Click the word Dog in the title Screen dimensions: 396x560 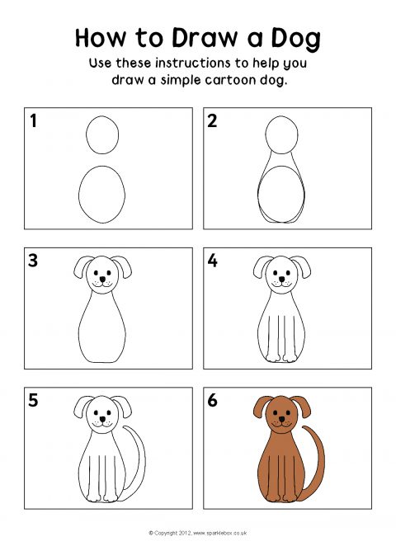295,39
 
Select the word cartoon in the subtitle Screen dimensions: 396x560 230,80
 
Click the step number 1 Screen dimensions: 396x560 33,120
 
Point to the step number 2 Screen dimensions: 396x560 212,120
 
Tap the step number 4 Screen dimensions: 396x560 212,261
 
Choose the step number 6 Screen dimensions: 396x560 212,400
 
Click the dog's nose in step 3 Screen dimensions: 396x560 102,279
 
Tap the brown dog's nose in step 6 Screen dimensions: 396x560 282,419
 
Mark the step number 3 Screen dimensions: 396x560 33,261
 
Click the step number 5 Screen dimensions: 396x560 33,400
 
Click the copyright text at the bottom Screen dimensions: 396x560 198,533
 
